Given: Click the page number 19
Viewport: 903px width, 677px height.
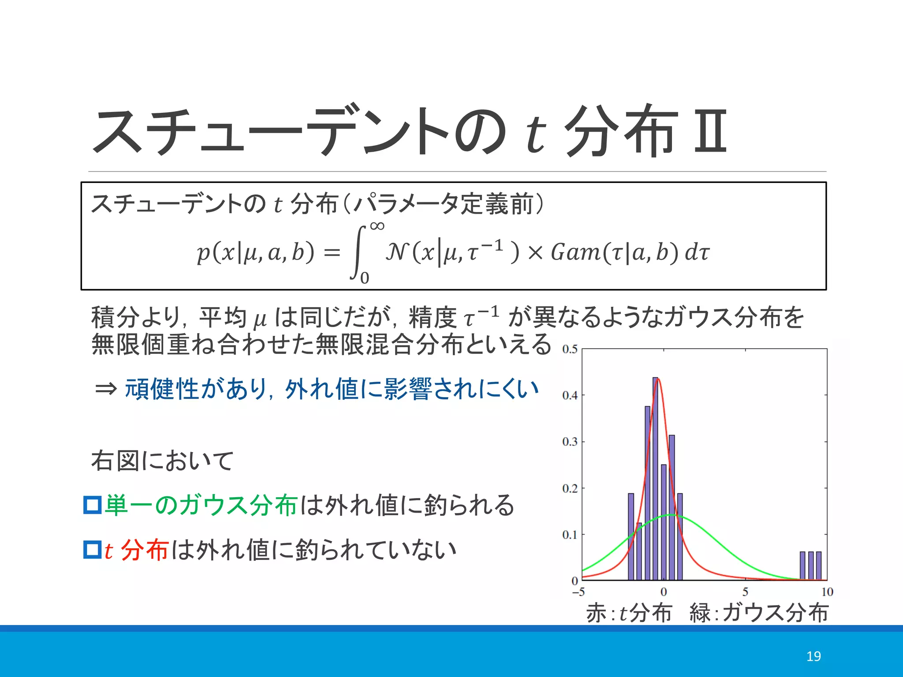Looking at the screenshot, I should (x=813, y=656).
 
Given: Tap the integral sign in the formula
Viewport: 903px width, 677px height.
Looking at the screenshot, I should (x=358, y=252).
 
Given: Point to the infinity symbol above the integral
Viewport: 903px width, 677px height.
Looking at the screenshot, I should (x=377, y=226).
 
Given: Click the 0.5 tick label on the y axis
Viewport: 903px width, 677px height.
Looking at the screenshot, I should (x=570, y=350).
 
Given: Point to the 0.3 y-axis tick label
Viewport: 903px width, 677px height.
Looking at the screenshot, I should (x=570, y=442).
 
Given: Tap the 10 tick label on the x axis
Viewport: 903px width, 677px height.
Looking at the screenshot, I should (x=827, y=592).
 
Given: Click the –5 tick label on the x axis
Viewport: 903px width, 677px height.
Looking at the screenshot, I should (x=578, y=592).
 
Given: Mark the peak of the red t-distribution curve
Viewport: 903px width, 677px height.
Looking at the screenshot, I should (x=658, y=379).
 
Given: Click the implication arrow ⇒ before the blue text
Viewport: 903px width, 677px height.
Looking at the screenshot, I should (x=106, y=389).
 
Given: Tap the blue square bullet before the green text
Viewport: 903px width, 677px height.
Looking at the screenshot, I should (x=93, y=505).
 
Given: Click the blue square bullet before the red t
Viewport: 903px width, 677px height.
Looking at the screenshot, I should (x=93, y=550).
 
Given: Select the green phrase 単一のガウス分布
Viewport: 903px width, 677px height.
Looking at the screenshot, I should (x=201, y=505).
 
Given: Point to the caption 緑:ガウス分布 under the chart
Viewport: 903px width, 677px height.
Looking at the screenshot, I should (x=759, y=613).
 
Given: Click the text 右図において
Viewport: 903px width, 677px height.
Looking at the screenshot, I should (x=162, y=461).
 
